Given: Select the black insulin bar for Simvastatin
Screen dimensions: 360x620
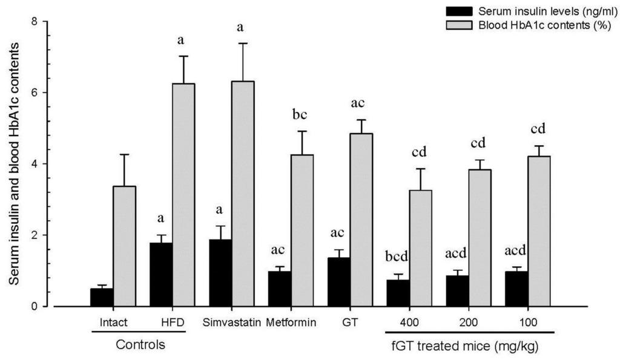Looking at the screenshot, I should [x=220, y=273].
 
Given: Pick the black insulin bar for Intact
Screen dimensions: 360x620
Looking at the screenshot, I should [x=102, y=297].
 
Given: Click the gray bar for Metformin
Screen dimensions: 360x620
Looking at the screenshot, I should [x=302, y=231].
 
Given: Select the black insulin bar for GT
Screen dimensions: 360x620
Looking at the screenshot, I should [x=338, y=282].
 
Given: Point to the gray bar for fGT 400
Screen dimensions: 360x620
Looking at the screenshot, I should [x=421, y=248].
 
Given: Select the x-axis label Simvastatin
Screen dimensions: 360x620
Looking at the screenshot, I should [x=231, y=321].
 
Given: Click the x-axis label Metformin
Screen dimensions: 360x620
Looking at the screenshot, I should [x=291, y=321].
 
